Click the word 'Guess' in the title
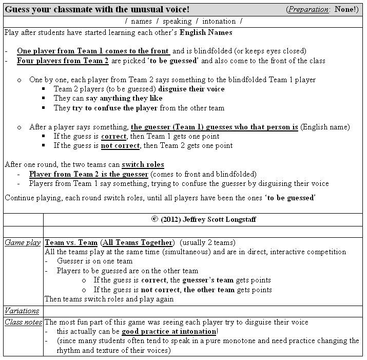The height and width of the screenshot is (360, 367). (18, 9)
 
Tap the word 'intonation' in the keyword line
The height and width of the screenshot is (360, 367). (219, 21)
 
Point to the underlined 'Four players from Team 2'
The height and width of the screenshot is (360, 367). (63, 61)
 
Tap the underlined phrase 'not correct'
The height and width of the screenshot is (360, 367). (120, 145)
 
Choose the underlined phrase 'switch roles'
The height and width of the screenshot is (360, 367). (143, 165)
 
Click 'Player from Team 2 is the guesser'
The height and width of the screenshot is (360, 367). (89, 174)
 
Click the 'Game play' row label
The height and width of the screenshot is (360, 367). (22, 242)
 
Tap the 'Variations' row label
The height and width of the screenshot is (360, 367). (22, 311)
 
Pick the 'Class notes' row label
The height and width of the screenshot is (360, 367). (23, 322)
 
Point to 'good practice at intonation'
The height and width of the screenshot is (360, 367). (169, 331)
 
